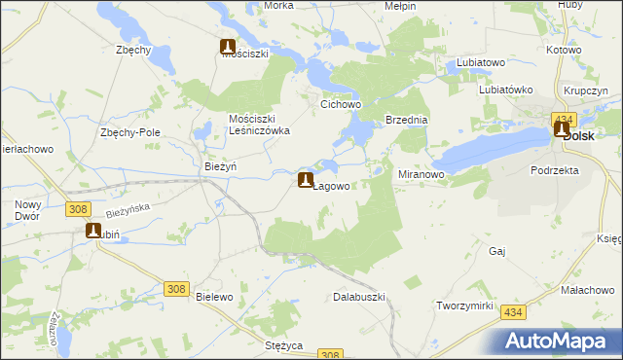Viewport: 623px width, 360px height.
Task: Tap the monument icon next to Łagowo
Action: pos(306,180)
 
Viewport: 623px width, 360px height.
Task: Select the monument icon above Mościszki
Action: pos(228,46)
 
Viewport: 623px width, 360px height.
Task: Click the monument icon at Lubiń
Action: pos(94,232)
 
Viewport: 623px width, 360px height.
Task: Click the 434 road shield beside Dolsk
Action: pos(563,118)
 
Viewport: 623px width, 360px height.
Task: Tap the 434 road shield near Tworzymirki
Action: pos(513,309)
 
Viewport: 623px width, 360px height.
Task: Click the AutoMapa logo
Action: pos(559,341)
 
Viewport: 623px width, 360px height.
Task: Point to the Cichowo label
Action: pos(342,102)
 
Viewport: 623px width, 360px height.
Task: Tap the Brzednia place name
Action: pos(407,120)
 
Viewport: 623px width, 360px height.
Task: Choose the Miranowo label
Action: pos(421,174)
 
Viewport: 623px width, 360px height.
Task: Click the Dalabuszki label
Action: pos(360,297)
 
